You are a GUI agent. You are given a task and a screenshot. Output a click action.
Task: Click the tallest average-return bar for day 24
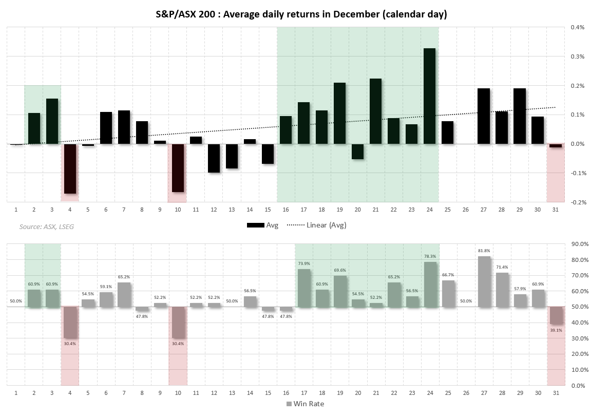[429, 96]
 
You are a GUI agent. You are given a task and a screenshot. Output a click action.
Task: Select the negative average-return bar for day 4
[70, 168]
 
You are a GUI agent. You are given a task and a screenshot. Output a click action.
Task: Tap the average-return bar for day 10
[178, 168]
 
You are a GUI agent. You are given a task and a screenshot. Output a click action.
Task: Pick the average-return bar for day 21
[375, 111]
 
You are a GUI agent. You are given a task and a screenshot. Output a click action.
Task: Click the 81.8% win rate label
[483, 251]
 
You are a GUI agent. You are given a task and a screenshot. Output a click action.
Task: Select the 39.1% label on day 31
[556, 330]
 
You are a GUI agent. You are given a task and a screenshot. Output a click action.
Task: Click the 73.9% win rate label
[303, 263]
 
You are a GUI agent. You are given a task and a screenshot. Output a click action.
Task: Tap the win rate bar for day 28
[502, 290]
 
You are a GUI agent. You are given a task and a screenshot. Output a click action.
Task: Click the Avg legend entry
[263, 225]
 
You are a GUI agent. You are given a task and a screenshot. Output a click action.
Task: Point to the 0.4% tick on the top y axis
[577, 27]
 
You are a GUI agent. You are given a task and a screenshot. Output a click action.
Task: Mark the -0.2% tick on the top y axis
[577, 202]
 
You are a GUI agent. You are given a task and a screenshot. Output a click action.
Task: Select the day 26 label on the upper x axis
[465, 210]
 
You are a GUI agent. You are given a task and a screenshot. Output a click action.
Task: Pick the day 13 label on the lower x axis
[232, 393]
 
